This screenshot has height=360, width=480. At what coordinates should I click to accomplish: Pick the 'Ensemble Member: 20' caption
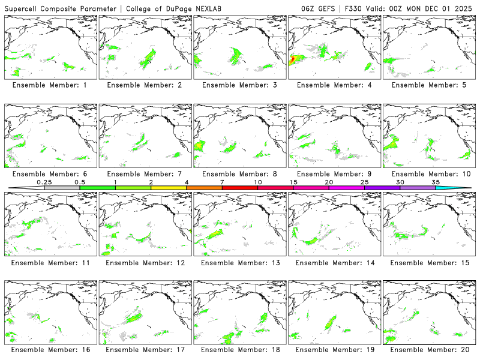[430, 349]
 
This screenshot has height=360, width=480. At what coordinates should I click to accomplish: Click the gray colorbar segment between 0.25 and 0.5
[62, 188]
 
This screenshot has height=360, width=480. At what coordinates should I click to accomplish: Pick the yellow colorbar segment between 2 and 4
[169, 188]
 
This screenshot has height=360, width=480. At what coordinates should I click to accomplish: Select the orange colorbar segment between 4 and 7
[204, 188]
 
